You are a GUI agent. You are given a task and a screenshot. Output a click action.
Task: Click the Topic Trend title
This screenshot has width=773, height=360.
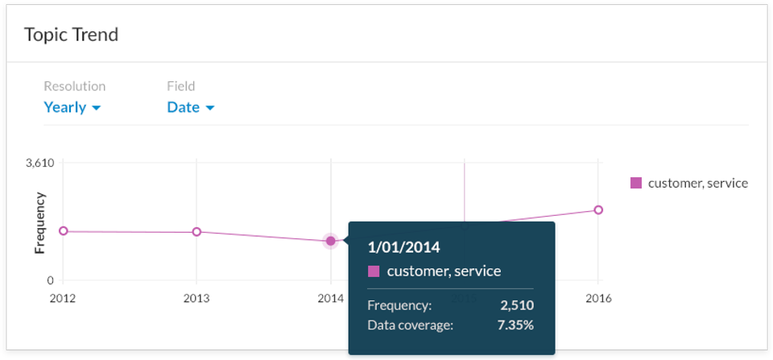point(71,35)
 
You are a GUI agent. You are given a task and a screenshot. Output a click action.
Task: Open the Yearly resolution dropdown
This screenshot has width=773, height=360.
point(72,107)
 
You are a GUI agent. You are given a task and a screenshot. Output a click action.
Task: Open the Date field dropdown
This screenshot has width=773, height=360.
point(191,107)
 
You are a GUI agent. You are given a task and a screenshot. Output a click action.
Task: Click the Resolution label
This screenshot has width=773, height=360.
point(74,86)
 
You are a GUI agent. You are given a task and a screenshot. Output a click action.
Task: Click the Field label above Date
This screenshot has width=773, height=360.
point(181,86)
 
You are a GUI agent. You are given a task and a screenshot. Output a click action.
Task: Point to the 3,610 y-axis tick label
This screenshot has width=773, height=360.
point(39,163)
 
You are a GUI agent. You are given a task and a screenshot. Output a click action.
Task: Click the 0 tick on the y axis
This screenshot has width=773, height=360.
point(50,280)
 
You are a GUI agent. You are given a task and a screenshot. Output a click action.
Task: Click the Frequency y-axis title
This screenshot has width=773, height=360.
point(39,223)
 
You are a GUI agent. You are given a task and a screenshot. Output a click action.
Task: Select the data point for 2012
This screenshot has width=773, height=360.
point(63,231)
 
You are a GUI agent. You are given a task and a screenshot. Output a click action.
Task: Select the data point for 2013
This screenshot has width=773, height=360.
point(196,232)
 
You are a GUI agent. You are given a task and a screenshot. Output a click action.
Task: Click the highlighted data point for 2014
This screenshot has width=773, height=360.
point(330,241)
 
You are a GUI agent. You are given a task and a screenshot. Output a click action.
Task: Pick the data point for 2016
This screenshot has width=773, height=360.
point(597,210)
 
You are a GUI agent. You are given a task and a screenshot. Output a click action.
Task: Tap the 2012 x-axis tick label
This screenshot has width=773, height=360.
point(63,298)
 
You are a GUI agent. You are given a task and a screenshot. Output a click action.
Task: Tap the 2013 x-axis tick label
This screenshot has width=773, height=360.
point(196,298)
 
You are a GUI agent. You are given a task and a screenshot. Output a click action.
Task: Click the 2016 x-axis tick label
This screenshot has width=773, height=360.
point(597,298)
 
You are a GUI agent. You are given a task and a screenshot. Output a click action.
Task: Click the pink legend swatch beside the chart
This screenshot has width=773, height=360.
point(636,183)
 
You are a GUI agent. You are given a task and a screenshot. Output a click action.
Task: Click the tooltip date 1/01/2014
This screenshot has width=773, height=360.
point(403,246)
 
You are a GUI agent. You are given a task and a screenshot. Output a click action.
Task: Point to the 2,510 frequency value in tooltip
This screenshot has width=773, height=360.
point(517,305)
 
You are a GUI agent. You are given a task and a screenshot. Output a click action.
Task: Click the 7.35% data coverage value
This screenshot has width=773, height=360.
point(515,325)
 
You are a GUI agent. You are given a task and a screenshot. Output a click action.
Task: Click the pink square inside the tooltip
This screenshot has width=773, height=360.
point(374,271)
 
